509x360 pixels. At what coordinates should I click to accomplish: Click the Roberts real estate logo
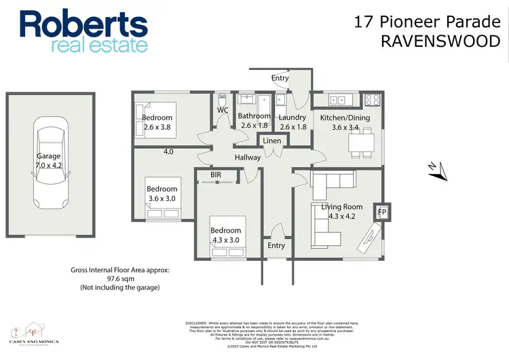click(x=83, y=30)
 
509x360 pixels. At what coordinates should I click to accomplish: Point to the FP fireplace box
click(x=381, y=212)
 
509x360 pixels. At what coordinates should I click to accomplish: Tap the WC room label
click(x=223, y=110)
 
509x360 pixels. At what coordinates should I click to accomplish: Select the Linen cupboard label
click(x=271, y=141)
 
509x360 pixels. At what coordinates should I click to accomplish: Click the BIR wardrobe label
click(x=216, y=175)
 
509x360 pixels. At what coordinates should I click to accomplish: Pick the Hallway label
click(x=248, y=158)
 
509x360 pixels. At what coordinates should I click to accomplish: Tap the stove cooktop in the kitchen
click(x=371, y=101)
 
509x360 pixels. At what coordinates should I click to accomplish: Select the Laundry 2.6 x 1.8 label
click(x=293, y=121)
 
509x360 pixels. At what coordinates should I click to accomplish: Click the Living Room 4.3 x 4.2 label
click(x=341, y=211)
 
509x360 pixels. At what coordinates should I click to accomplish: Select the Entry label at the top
click(x=280, y=78)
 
